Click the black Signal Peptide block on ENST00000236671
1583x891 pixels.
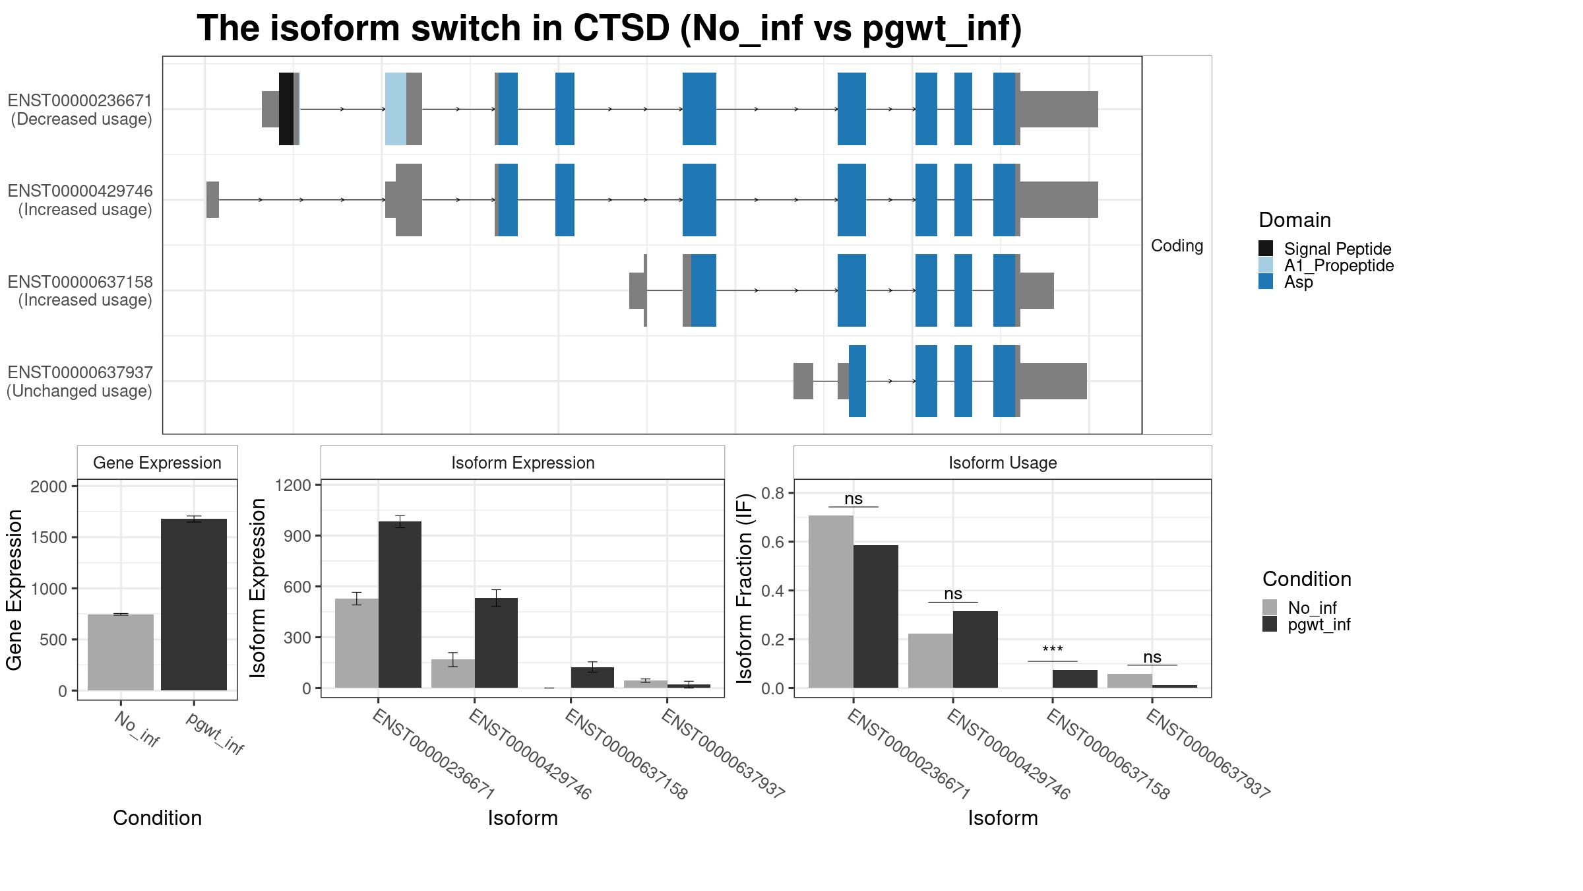pyautogui.click(x=286, y=109)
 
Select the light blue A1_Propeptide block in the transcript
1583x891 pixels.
pyautogui.click(x=396, y=109)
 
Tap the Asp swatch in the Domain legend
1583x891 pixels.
pyautogui.click(x=1266, y=282)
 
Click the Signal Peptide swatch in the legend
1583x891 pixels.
pyautogui.click(x=1266, y=248)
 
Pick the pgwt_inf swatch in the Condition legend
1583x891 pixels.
pyautogui.click(x=1270, y=624)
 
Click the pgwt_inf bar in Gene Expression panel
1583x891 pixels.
pyautogui.click(x=194, y=605)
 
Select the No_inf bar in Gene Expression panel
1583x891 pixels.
pyautogui.click(x=121, y=653)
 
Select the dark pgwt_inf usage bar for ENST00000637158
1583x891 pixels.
pyautogui.click(x=1075, y=678)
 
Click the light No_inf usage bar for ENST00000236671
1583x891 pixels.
pyautogui.click(x=831, y=601)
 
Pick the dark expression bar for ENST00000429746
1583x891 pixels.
pyautogui.click(x=496, y=643)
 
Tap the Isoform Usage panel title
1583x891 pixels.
pyautogui.click(x=1003, y=463)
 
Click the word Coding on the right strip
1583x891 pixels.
pyautogui.click(x=1177, y=246)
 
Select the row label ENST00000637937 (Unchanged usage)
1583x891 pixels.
pyautogui.click(x=80, y=381)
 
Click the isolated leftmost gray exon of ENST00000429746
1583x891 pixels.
pyautogui.click(x=212, y=199)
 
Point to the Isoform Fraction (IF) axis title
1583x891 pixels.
pyautogui.click(x=745, y=587)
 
